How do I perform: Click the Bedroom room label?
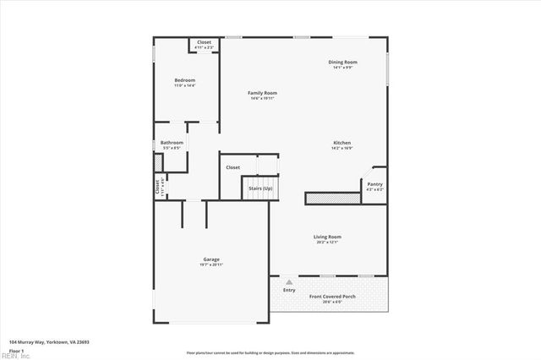tap(184, 80)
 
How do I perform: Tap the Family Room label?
tap(262, 93)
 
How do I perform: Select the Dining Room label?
tap(343, 62)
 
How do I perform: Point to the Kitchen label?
tap(342, 143)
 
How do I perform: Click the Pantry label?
tap(374, 184)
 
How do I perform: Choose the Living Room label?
tap(327, 237)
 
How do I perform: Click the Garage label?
tap(210, 259)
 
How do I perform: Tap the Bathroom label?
tap(172, 143)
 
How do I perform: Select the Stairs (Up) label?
tap(260, 188)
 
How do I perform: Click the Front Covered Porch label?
tap(332, 297)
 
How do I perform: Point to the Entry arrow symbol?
tap(290, 281)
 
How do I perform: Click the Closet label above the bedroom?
tap(204, 42)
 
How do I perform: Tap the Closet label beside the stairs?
tap(232, 167)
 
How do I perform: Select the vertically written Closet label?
tap(157, 185)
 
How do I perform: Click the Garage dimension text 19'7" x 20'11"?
tap(210, 265)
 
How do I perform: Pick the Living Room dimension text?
tap(327, 243)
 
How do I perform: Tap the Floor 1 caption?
tap(17, 350)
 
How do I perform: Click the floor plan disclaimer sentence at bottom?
tap(270, 352)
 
